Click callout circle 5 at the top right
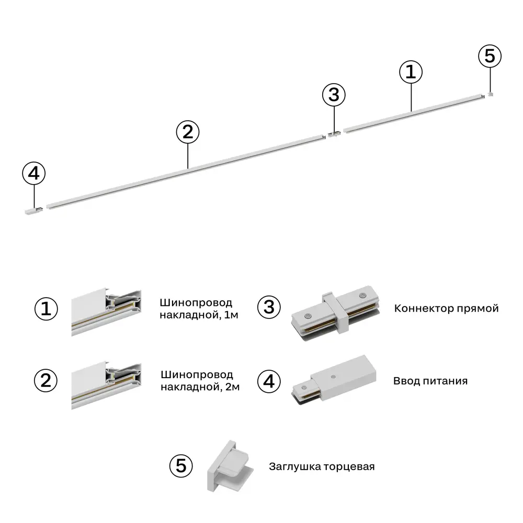(490, 56)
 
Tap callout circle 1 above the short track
(411, 72)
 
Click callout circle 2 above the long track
(188, 132)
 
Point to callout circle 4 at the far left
(34, 174)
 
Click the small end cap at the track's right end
(490, 95)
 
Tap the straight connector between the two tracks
(334, 134)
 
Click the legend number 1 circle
(47, 309)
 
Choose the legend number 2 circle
(47, 380)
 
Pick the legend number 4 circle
(269, 381)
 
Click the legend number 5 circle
(181, 465)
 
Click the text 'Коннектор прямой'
(446, 308)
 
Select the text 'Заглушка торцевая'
(322, 466)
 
